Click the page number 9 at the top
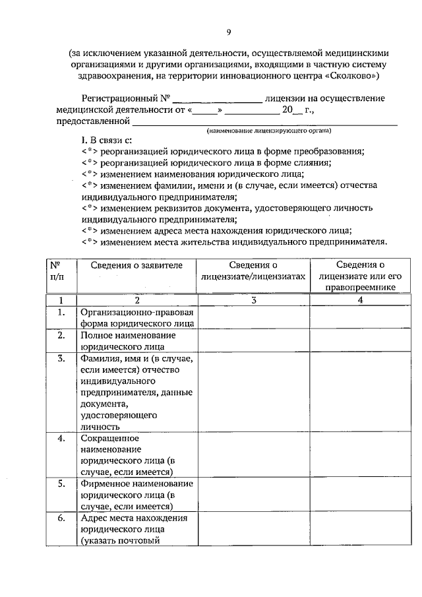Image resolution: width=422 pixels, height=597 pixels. pos(228,32)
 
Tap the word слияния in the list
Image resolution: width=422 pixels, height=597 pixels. pos(313,162)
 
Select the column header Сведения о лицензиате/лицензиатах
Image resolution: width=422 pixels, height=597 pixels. pos(254,270)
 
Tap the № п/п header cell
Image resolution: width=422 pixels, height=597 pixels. pos(61,270)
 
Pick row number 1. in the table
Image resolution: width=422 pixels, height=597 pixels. pos(61,312)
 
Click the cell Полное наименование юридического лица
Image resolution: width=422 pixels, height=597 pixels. pos(137,340)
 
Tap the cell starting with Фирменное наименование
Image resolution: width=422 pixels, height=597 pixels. pos(137,494)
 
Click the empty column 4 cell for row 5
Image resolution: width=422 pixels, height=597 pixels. pos(359,494)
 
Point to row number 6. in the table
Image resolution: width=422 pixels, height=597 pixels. pos(61,518)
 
